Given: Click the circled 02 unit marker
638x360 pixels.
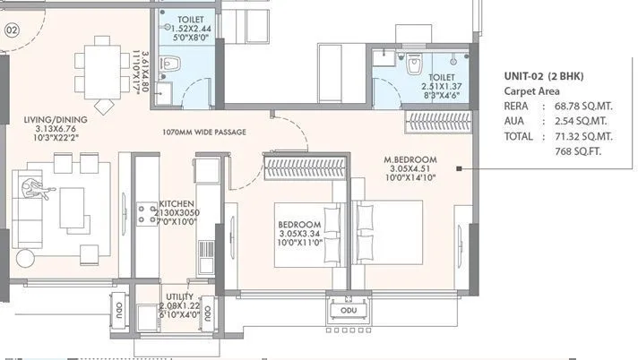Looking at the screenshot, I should pos(12,30).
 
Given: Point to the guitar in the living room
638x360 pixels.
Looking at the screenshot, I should pos(39,186).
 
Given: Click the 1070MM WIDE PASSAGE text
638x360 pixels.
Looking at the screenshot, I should pos(205,131).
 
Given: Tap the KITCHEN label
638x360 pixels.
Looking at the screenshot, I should pos(177,204).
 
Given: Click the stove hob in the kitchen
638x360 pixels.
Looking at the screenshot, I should pos(144,212).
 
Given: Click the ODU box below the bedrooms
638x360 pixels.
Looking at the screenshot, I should pos(344,310).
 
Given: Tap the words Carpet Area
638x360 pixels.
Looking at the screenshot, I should pos(530,91).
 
